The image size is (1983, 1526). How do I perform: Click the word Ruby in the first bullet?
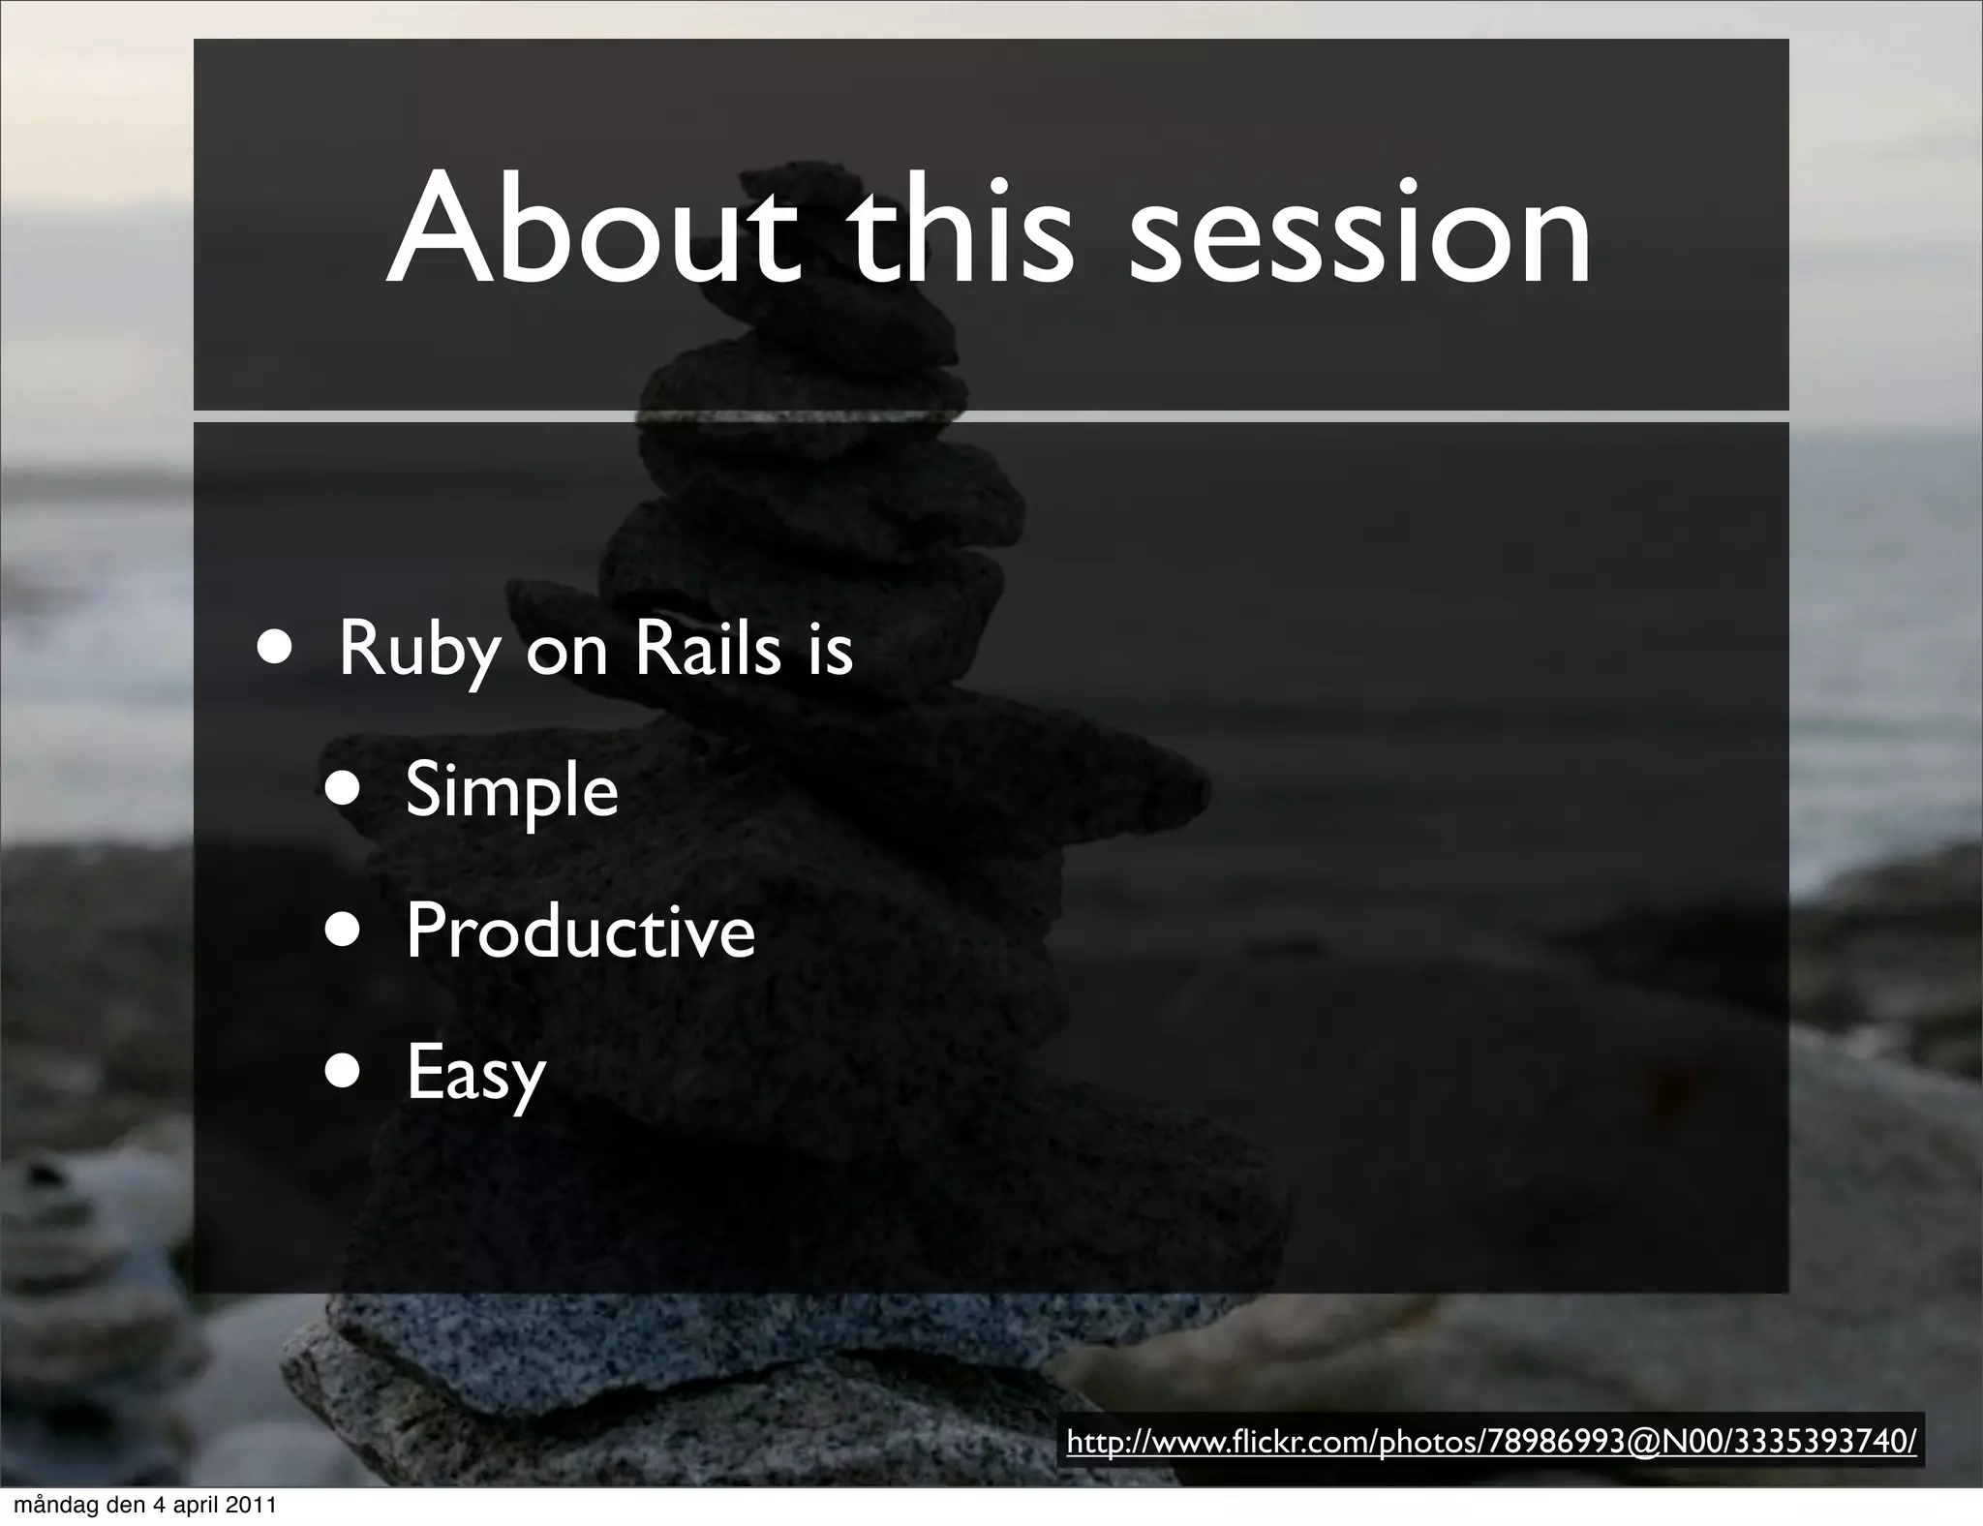(418, 651)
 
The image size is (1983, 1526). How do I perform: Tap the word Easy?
(475, 1073)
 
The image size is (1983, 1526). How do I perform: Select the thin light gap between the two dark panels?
(1356, 416)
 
